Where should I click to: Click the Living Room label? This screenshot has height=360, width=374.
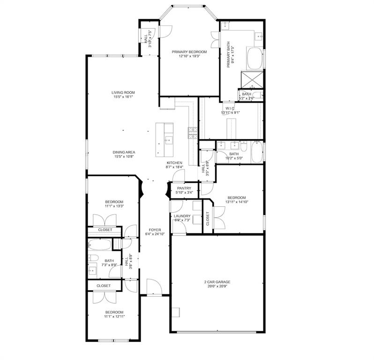[x=123, y=92]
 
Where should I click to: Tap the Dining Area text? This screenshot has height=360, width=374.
[x=124, y=152]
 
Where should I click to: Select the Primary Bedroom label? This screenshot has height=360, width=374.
[x=189, y=52]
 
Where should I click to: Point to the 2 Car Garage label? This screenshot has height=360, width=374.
[x=217, y=282]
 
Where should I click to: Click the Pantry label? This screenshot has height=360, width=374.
[x=184, y=188]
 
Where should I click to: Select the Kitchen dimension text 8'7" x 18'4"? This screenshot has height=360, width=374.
[x=174, y=167]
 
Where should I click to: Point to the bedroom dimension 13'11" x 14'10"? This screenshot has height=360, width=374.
[x=237, y=202]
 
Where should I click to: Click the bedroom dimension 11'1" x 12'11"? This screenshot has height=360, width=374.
[x=114, y=316]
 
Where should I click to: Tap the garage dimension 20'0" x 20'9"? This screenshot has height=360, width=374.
[x=217, y=286]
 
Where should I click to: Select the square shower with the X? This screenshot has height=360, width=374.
[x=251, y=79]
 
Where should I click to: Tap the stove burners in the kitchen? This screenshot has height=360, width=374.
[x=193, y=133]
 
